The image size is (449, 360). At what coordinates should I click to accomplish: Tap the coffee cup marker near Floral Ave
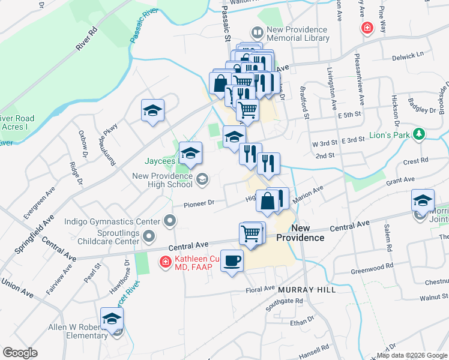point(232,262)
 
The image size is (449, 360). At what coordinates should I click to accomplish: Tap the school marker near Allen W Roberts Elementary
point(112,319)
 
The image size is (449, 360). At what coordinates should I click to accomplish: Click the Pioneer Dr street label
point(194,203)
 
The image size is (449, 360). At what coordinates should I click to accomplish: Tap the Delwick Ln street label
point(408,55)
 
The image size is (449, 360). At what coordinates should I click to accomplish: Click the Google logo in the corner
point(20,353)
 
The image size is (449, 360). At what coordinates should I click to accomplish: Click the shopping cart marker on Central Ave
point(252,233)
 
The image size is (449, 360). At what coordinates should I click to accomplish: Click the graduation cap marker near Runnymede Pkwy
point(152,111)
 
